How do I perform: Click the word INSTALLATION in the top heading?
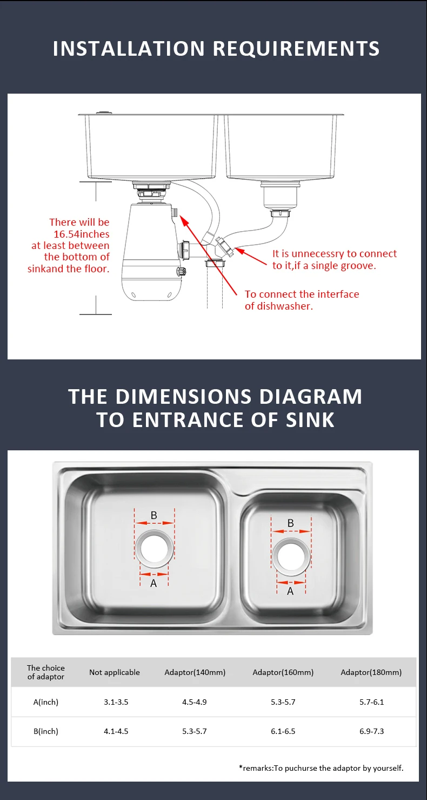tap(129, 48)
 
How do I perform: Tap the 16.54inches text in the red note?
tap(81, 234)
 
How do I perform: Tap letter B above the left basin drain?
tap(154, 515)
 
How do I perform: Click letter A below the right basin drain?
tap(290, 592)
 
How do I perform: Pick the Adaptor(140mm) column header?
tap(195, 672)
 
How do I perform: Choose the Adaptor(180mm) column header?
tap(371, 672)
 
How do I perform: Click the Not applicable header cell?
tap(115, 672)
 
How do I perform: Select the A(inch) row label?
tap(45, 702)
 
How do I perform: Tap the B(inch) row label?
tap(45, 731)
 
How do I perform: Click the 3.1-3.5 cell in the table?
tap(116, 702)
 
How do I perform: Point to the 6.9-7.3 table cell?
tap(372, 731)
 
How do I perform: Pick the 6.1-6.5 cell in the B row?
tap(283, 731)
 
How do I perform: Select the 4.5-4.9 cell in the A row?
tap(195, 702)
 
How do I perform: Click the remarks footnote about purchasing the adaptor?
tap(321, 768)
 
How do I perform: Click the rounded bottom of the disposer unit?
tap(151, 290)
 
